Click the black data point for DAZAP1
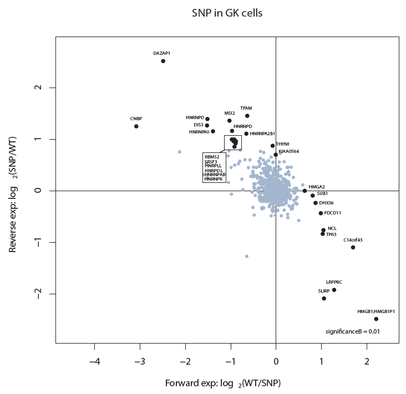coord(163,61)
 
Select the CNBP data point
coord(136,126)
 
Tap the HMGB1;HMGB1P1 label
coord(376,311)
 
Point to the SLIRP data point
coord(324,299)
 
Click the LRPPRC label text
coord(334,282)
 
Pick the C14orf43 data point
coord(353,247)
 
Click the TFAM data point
coord(247,116)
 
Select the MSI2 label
coord(230,113)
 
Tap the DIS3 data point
coord(207,125)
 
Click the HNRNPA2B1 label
coord(262,134)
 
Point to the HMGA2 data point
coord(304,191)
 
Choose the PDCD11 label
coord(333,213)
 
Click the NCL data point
coord(323,230)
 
